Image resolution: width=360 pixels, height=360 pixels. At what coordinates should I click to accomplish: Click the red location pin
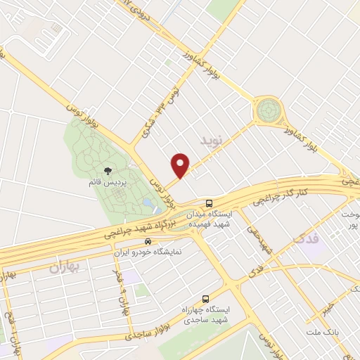pyautogui.click(x=181, y=165)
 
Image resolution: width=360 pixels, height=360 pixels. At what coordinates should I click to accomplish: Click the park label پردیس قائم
pyautogui.click(x=107, y=184)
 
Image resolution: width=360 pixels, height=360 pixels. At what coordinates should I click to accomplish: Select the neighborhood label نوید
pyautogui.click(x=215, y=141)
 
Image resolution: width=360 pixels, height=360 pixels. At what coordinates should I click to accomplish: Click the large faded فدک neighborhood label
pyautogui.click(x=305, y=240)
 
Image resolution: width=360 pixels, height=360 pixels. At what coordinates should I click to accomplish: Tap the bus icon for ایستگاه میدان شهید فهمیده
pyautogui.click(x=200, y=202)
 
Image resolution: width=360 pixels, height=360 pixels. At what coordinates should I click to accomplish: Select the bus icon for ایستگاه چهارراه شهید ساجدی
pyautogui.click(x=205, y=298)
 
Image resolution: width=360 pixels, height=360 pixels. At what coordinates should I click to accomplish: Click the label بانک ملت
pyautogui.click(x=323, y=330)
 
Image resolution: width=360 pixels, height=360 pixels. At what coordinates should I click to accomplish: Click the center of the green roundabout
pyautogui.click(x=267, y=110)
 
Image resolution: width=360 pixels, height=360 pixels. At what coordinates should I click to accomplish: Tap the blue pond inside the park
pyautogui.click(x=147, y=202)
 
